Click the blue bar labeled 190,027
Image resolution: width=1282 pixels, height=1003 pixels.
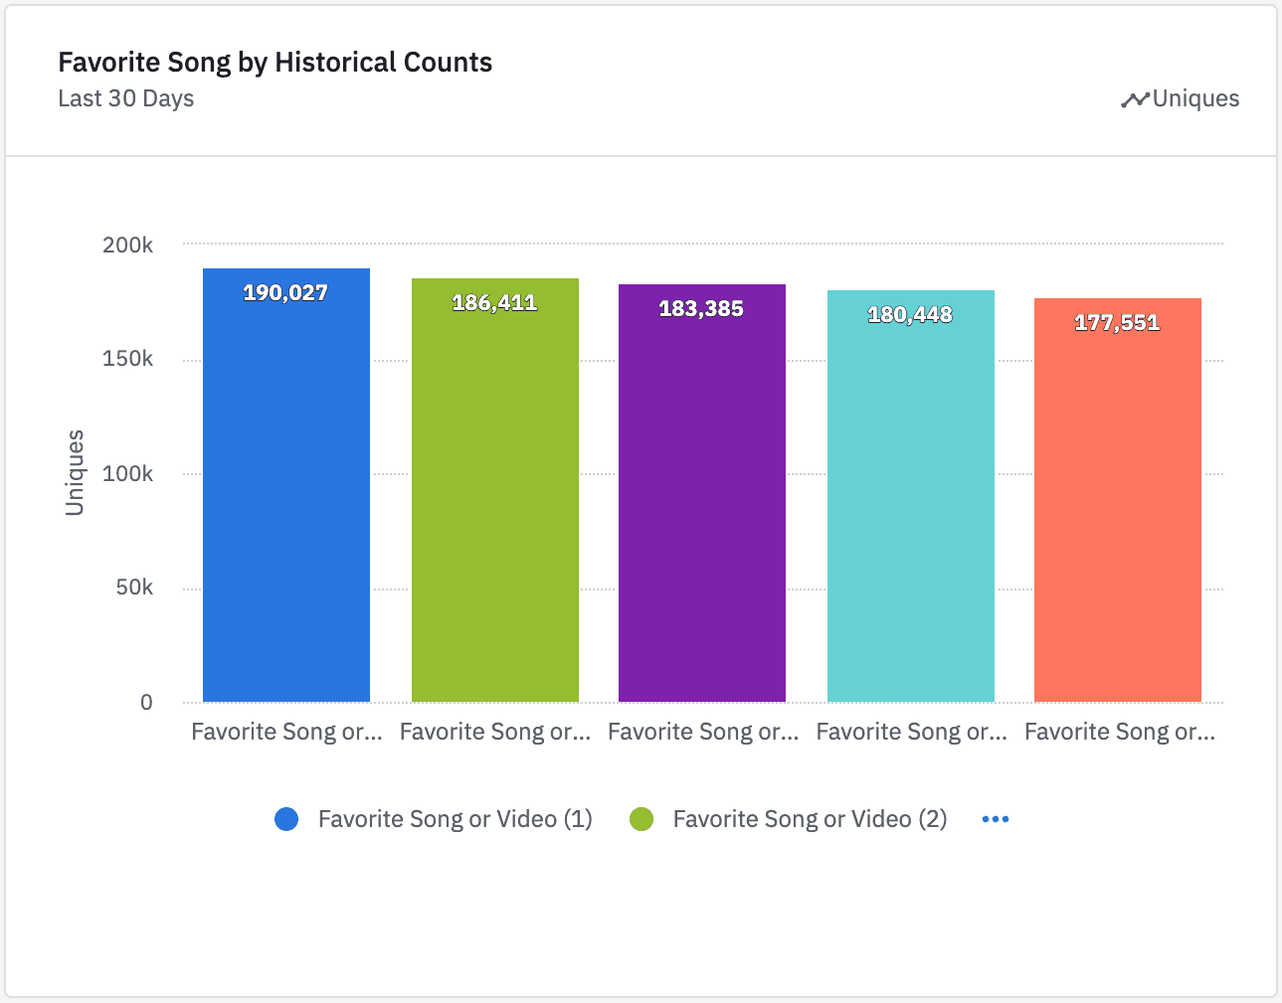[286, 497]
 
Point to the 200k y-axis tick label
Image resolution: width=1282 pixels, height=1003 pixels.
[128, 245]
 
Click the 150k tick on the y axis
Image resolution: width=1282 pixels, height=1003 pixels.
[128, 359]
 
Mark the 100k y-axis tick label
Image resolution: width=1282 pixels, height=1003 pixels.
[128, 474]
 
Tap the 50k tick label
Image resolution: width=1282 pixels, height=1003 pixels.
[134, 587]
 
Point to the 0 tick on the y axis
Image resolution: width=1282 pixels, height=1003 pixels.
[146, 703]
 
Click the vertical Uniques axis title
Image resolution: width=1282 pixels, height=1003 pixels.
[75, 473]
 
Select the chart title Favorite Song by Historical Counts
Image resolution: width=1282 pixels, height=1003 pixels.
[275, 63]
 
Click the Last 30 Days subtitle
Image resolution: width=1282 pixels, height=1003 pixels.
[126, 98]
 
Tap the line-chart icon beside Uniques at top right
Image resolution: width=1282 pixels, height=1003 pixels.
[1135, 99]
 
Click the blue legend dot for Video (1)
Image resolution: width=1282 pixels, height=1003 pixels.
[286, 819]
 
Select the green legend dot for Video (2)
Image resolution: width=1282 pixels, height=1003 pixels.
[641, 819]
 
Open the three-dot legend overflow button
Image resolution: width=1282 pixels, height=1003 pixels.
[996, 819]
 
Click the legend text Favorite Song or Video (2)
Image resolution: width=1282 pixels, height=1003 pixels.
[810, 819]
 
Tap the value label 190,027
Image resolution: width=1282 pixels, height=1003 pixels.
[285, 293]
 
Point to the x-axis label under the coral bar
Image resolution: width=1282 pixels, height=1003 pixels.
[1120, 733]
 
